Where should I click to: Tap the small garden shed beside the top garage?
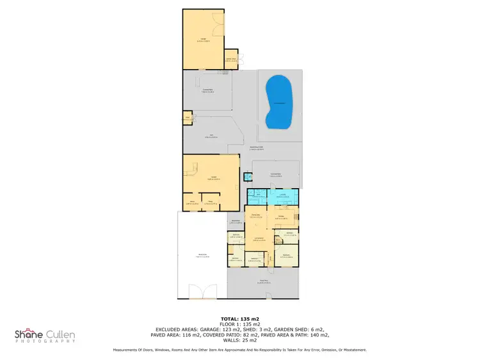point(231,59)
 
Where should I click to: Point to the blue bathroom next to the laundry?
point(259,197)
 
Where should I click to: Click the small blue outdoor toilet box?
point(248,176)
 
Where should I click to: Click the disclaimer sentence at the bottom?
point(239,350)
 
